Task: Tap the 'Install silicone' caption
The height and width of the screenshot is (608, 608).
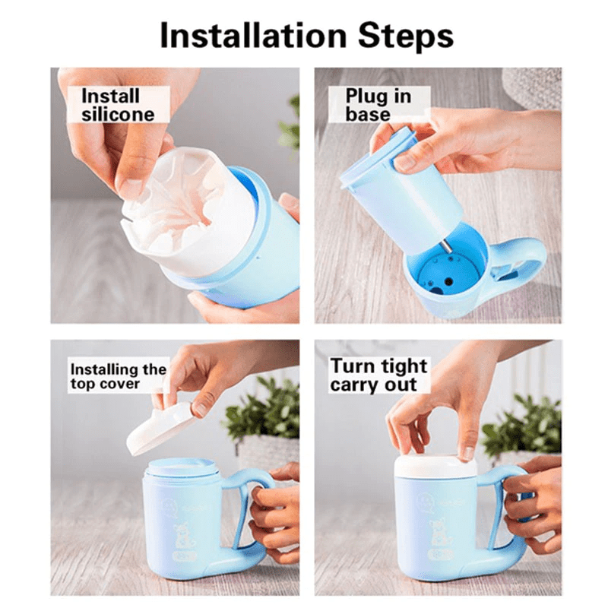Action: coord(117,105)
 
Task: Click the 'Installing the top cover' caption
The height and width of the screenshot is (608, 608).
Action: coord(118,376)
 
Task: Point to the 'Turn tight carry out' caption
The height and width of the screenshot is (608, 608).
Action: coord(378,375)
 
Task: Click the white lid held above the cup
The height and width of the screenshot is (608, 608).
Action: coord(161,428)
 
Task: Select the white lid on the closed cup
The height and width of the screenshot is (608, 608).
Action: coord(435,466)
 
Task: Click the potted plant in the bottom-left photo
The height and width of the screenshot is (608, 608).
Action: coord(262,414)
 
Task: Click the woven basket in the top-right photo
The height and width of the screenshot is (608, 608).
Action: coord(533,87)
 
